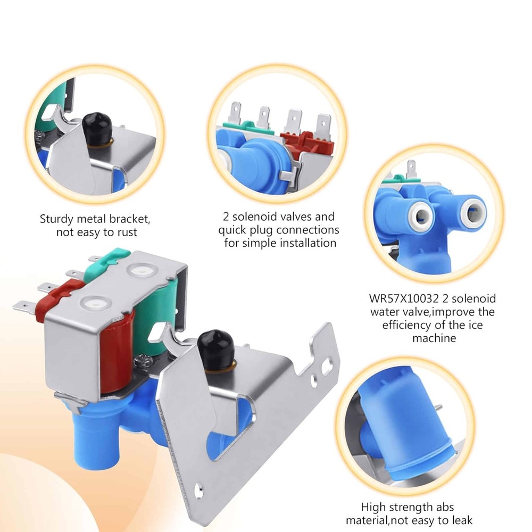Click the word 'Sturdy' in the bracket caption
click(x=57, y=219)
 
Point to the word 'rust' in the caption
click(x=127, y=232)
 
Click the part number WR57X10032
click(x=404, y=298)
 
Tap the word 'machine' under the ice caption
click(x=434, y=338)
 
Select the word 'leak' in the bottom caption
click(x=461, y=520)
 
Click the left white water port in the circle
click(x=421, y=215)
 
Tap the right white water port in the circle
click(x=472, y=213)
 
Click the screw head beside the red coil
click(x=143, y=359)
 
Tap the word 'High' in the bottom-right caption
click(x=373, y=507)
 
